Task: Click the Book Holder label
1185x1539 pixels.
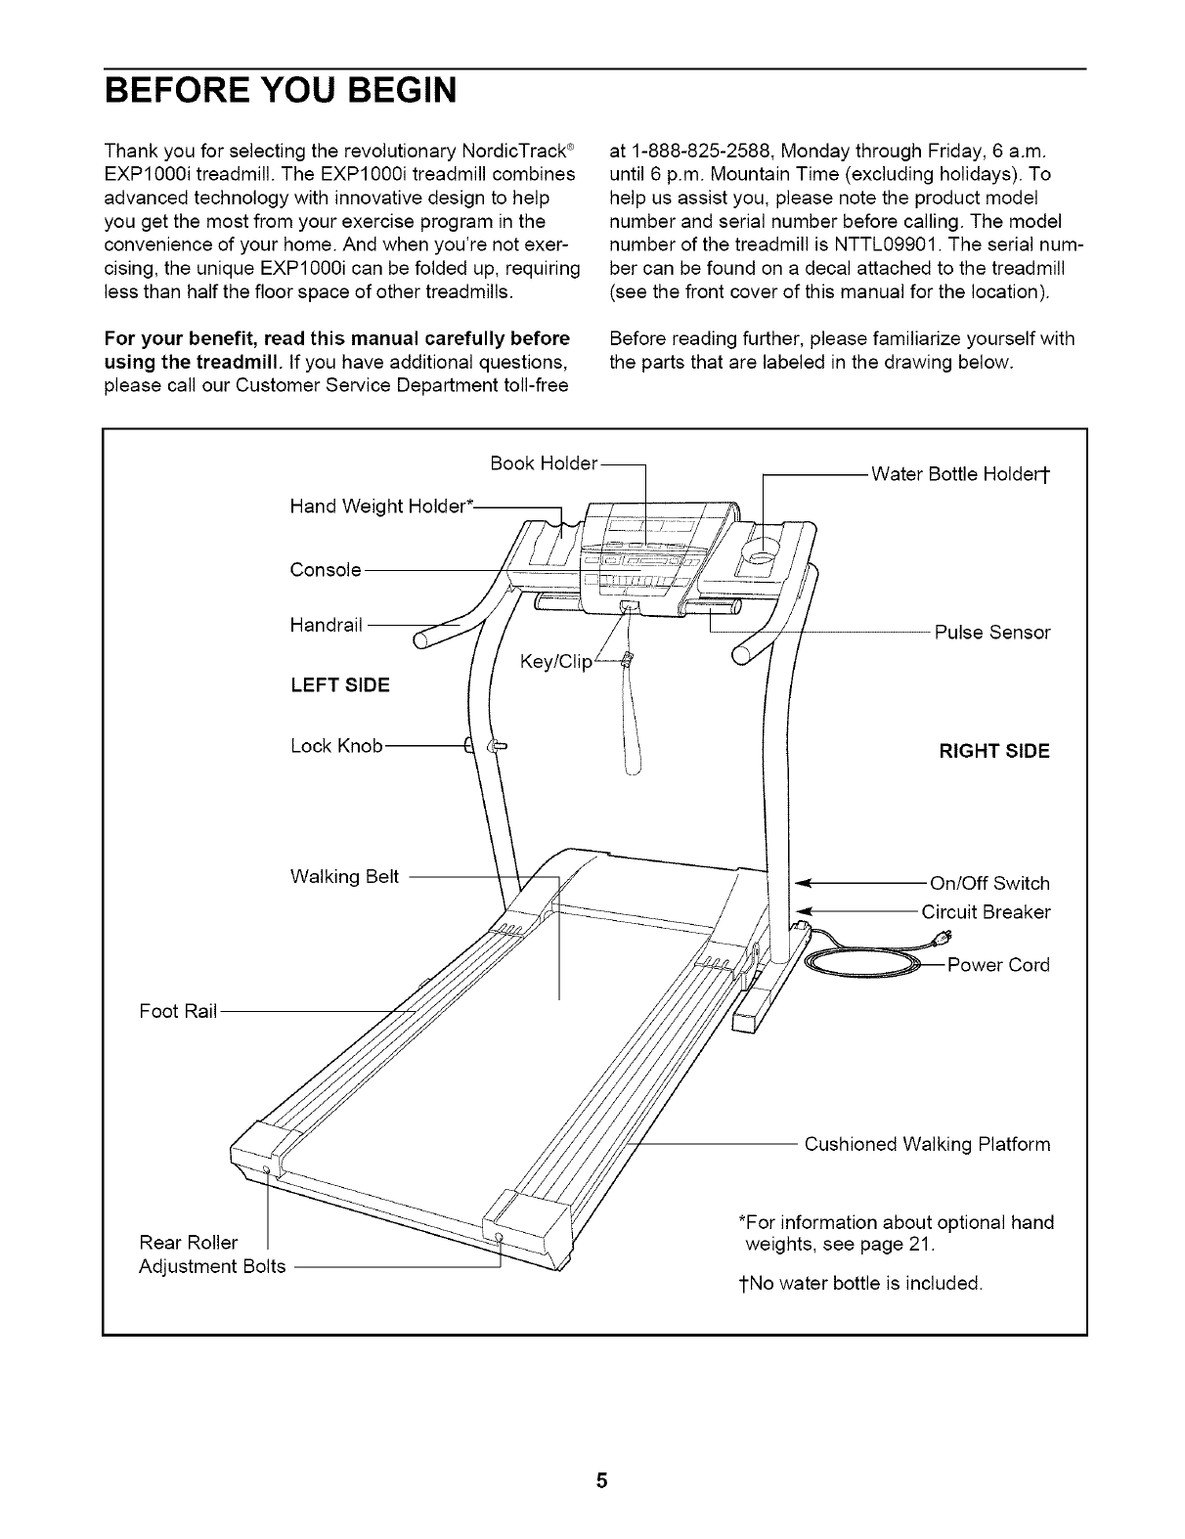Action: click(x=543, y=462)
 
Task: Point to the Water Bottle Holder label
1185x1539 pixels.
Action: click(x=960, y=476)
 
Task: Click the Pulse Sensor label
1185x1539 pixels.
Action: click(x=991, y=633)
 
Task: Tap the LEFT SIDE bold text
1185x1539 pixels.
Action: click(x=339, y=685)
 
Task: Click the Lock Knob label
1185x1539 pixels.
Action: click(x=336, y=747)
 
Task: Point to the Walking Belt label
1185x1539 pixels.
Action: click(x=345, y=876)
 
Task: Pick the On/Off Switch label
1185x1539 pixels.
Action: click(x=989, y=884)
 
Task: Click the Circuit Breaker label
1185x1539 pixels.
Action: click(x=986, y=912)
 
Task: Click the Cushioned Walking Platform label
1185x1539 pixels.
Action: click(x=927, y=1144)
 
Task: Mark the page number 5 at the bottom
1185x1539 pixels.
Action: click(x=602, y=1480)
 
